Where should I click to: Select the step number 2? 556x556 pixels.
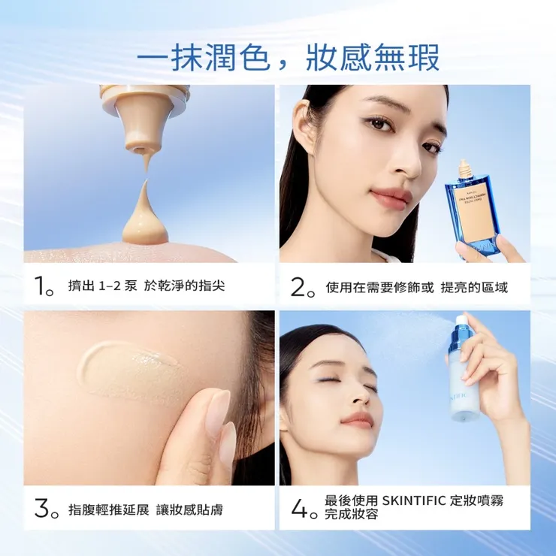[299, 286]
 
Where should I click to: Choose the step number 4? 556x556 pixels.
[299, 509]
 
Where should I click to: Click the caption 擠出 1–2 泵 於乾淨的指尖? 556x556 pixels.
[146, 286]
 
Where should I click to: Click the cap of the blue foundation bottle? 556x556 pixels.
[466, 170]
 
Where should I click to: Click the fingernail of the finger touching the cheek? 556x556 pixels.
[219, 409]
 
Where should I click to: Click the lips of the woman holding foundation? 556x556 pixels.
[391, 197]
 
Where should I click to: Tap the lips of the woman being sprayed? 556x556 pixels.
[356, 419]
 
